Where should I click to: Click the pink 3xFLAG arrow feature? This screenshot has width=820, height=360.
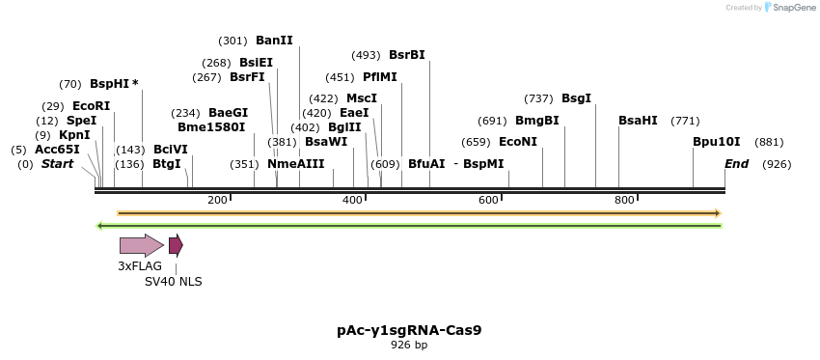click(141, 245)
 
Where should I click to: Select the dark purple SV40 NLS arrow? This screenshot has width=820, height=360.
click(176, 245)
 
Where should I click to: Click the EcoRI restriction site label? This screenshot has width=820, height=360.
click(91, 105)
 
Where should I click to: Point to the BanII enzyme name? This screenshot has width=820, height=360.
click(274, 41)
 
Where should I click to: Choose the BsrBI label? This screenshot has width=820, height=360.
click(406, 55)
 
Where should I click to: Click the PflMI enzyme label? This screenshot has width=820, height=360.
click(379, 77)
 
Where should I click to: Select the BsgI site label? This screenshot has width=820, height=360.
click(576, 98)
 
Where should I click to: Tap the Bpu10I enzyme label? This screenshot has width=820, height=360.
click(717, 142)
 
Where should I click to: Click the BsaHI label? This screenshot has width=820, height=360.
click(638, 121)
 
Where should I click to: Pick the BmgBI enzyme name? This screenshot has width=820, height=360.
click(536, 121)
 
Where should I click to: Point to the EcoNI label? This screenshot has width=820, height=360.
click(518, 142)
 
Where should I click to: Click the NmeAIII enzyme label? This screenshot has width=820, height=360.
click(296, 164)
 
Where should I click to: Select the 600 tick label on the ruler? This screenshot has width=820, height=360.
click(488, 200)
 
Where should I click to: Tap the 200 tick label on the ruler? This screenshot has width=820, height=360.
click(217, 200)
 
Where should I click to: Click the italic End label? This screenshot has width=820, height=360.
click(736, 164)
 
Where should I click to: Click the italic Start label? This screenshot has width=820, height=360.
click(57, 164)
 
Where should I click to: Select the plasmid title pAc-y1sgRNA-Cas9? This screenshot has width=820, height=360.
click(409, 330)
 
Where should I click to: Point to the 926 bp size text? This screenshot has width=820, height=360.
click(409, 346)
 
